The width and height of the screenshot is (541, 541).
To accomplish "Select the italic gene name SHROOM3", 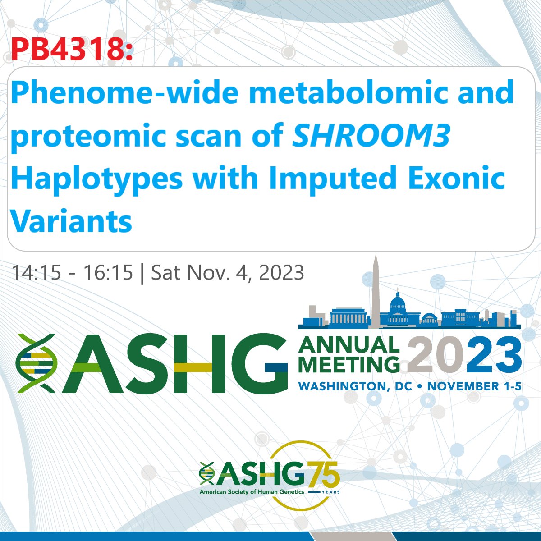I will tap(371, 135).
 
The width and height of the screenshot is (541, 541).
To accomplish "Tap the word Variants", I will tap(71, 220).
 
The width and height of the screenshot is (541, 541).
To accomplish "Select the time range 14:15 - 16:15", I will tap(72, 273).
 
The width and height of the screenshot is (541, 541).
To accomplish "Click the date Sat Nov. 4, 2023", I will tap(227, 273).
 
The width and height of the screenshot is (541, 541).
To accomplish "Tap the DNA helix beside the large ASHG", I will tap(36, 363).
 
